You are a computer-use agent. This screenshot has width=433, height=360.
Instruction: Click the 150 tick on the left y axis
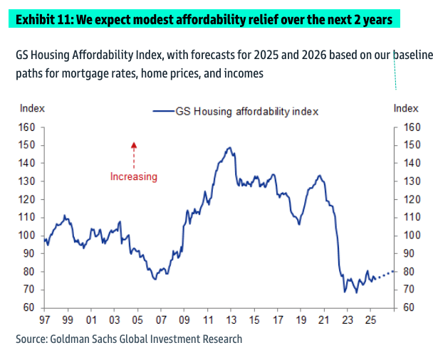point(26,145)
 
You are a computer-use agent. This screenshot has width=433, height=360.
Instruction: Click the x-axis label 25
point(370,320)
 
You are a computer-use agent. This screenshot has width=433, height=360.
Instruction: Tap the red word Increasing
point(133,176)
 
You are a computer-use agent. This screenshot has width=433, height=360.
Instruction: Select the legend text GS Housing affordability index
point(246,111)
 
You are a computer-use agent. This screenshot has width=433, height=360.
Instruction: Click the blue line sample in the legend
point(163,111)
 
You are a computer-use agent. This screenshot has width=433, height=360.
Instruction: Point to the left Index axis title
point(32,108)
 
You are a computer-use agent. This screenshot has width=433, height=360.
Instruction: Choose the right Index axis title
point(406,108)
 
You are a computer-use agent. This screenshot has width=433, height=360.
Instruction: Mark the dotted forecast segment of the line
point(385,274)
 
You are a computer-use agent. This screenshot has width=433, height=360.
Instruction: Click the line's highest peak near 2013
point(229,148)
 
